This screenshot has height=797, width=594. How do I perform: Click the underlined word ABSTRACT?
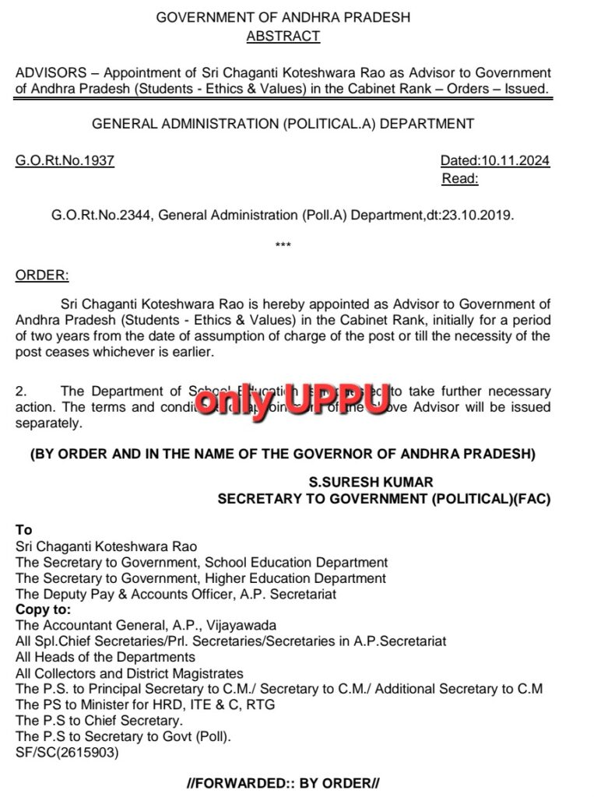[283, 36]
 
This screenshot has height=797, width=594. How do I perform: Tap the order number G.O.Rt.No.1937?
[65, 161]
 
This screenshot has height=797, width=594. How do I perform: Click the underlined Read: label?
[460, 179]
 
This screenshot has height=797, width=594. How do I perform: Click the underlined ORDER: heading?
[42, 275]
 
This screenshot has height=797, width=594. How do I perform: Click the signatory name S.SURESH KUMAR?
[371, 483]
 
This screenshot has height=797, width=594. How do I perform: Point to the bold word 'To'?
[23, 530]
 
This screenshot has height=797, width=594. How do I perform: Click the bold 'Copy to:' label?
[43, 609]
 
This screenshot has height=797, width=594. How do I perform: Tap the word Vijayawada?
[241, 625]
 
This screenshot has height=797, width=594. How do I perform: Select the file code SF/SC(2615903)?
[67, 753]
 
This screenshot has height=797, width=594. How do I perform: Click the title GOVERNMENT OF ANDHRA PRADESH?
[283, 17]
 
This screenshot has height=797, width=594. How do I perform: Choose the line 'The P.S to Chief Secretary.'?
[93, 721]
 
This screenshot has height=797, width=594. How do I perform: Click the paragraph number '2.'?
[21, 391]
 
